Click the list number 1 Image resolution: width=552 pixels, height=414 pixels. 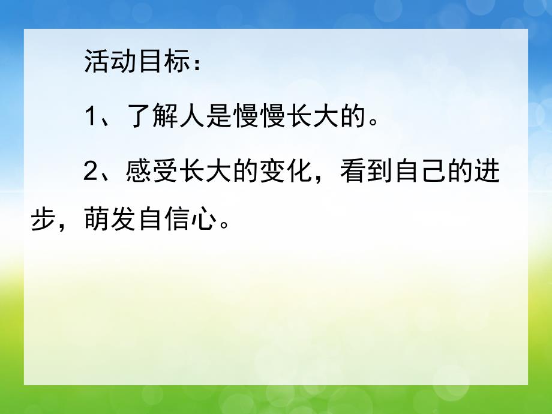pos(90,117)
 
